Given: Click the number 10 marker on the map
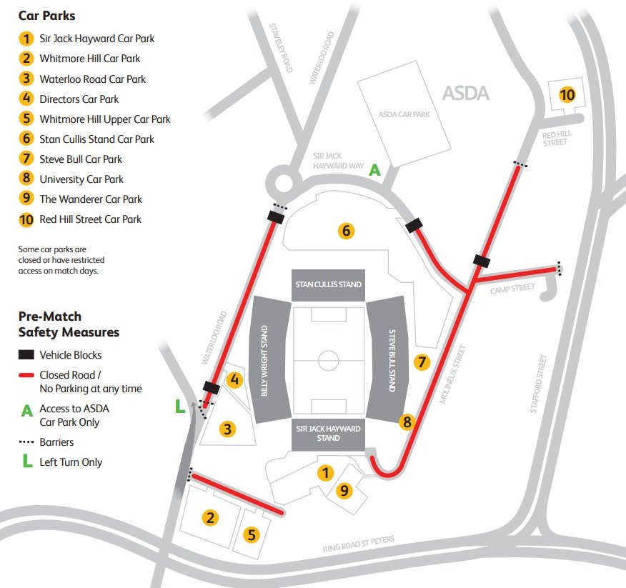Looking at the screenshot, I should [x=567, y=94].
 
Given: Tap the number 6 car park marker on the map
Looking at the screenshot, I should [x=346, y=231].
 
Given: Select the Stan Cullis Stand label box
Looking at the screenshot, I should [x=328, y=284].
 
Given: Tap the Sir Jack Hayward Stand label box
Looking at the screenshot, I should [x=328, y=434].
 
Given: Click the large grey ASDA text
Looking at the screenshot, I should [x=465, y=93].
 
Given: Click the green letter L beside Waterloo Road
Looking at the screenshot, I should [x=180, y=407].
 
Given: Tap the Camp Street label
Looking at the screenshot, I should [x=512, y=288].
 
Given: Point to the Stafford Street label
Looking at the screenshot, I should [x=542, y=384].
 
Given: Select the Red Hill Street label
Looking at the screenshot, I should [x=555, y=138].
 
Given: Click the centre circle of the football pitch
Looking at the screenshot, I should [x=328, y=359].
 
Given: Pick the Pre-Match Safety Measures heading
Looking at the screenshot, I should [x=68, y=324].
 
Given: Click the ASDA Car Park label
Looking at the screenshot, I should [x=404, y=114].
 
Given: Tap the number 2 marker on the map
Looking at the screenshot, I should [x=209, y=518].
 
